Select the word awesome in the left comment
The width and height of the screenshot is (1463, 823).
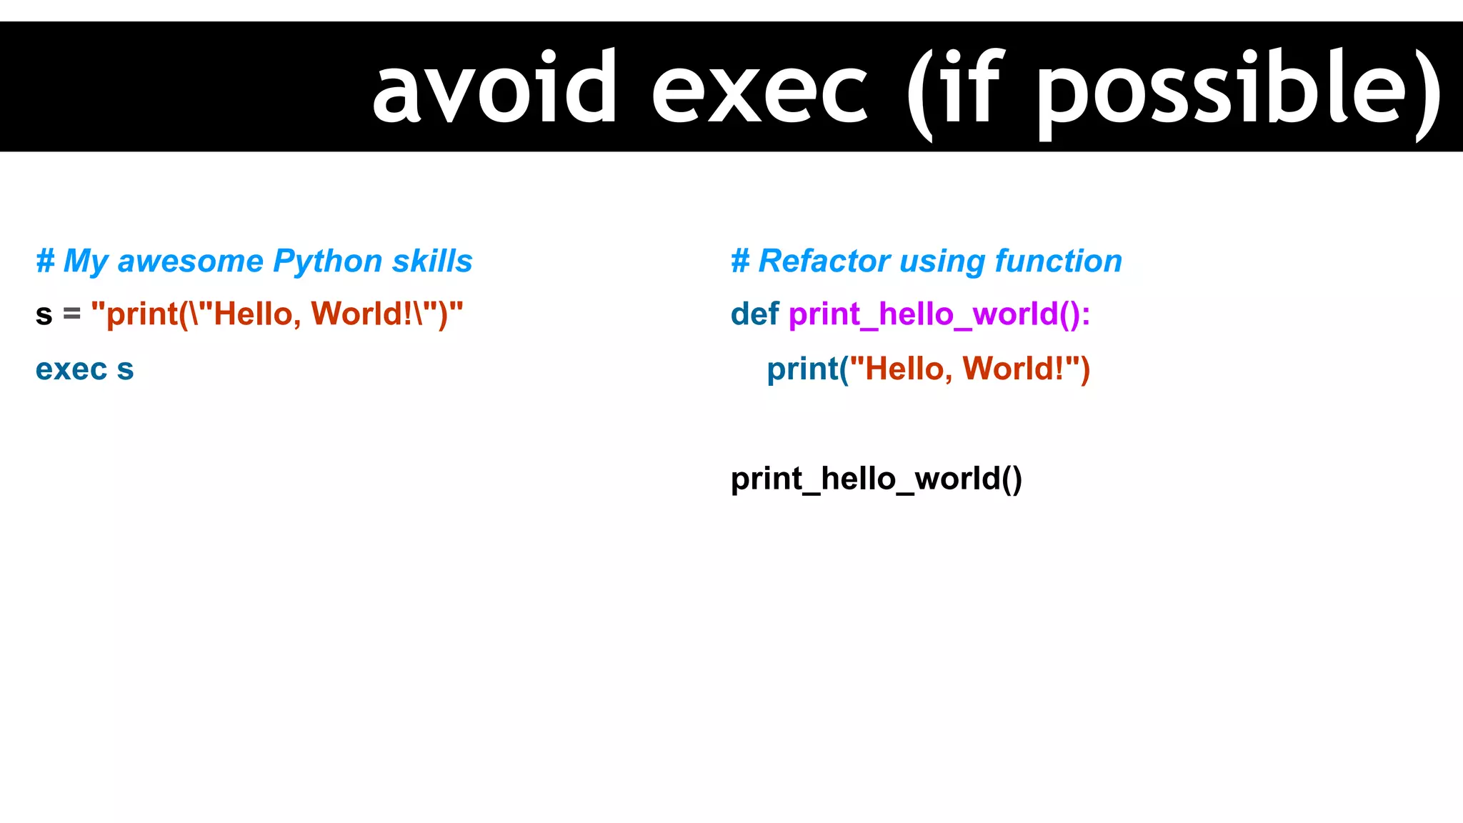(191, 261)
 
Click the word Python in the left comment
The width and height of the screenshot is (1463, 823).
(328, 261)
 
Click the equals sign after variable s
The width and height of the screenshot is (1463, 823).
(71, 314)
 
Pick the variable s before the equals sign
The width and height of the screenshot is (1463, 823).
(44, 314)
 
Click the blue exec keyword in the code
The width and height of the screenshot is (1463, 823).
(71, 369)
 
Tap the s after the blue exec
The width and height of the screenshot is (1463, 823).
(126, 370)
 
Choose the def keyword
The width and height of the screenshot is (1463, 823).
(754, 314)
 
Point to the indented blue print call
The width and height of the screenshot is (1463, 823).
(802, 369)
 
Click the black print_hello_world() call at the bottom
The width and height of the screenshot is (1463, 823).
(876, 479)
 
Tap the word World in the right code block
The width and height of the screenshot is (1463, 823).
(1007, 369)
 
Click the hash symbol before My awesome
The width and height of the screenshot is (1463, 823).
(45, 261)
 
